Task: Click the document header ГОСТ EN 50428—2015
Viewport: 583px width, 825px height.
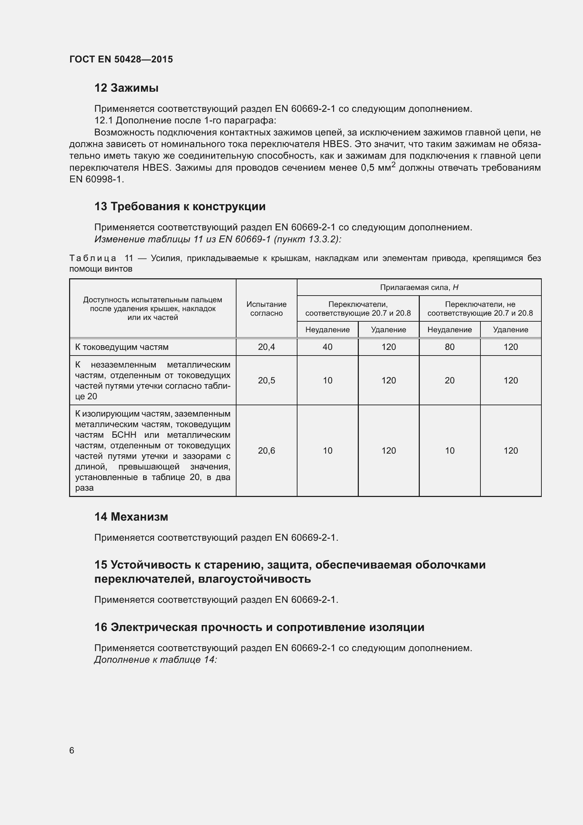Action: [x=121, y=59]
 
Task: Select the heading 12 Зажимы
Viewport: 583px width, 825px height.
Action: [x=127, y=88]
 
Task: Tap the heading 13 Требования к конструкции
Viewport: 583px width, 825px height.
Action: [x=180, y=206]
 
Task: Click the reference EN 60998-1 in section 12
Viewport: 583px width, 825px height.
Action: [x=96, y=179]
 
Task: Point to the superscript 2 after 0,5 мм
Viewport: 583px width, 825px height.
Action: [x=393, y=165]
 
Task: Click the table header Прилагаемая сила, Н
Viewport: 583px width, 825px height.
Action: [x=419, y=287]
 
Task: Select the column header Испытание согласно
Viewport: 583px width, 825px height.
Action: [x=266, y=308]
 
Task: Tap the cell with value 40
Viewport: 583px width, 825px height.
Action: [x=327, y=347]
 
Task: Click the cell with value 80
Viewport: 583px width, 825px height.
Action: [x=449, y=347]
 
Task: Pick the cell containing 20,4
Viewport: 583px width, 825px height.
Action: [x=266, y=347]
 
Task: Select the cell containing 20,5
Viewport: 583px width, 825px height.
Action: [x=266, y=380]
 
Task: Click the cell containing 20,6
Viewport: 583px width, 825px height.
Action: [x=266, y=450]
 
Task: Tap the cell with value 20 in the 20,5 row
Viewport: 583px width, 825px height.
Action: [x=449, y=380]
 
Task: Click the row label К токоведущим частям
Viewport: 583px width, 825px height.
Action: [x=122, y=347]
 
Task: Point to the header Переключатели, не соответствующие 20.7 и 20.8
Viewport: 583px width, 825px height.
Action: [x=480, y=308]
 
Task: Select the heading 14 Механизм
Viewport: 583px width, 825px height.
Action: [x=131, y=517]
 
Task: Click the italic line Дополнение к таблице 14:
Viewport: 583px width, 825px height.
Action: [x=155, y=659]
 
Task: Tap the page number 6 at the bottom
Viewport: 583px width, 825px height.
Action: [x=72, y=750]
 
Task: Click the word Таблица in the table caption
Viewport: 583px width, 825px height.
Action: [x=93, y=258]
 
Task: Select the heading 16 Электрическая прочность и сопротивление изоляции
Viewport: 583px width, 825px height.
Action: [x=259, y=627]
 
